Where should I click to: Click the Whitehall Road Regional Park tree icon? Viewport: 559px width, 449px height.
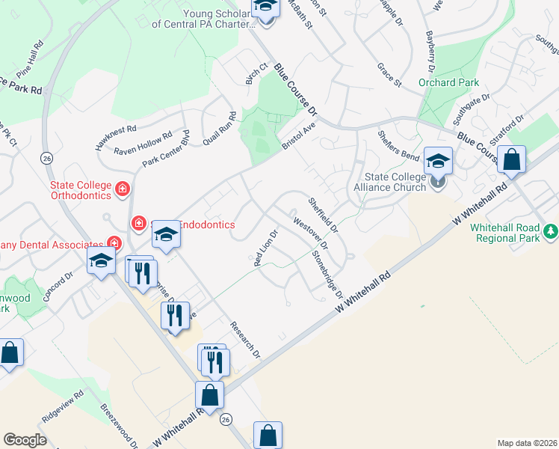(551, 232)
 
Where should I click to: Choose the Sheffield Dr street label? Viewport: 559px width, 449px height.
(324, 213)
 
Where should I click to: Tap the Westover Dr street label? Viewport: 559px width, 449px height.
(311, 233)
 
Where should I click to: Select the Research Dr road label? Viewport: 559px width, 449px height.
(245, 339)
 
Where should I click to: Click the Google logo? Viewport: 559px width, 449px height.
(25, 439)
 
